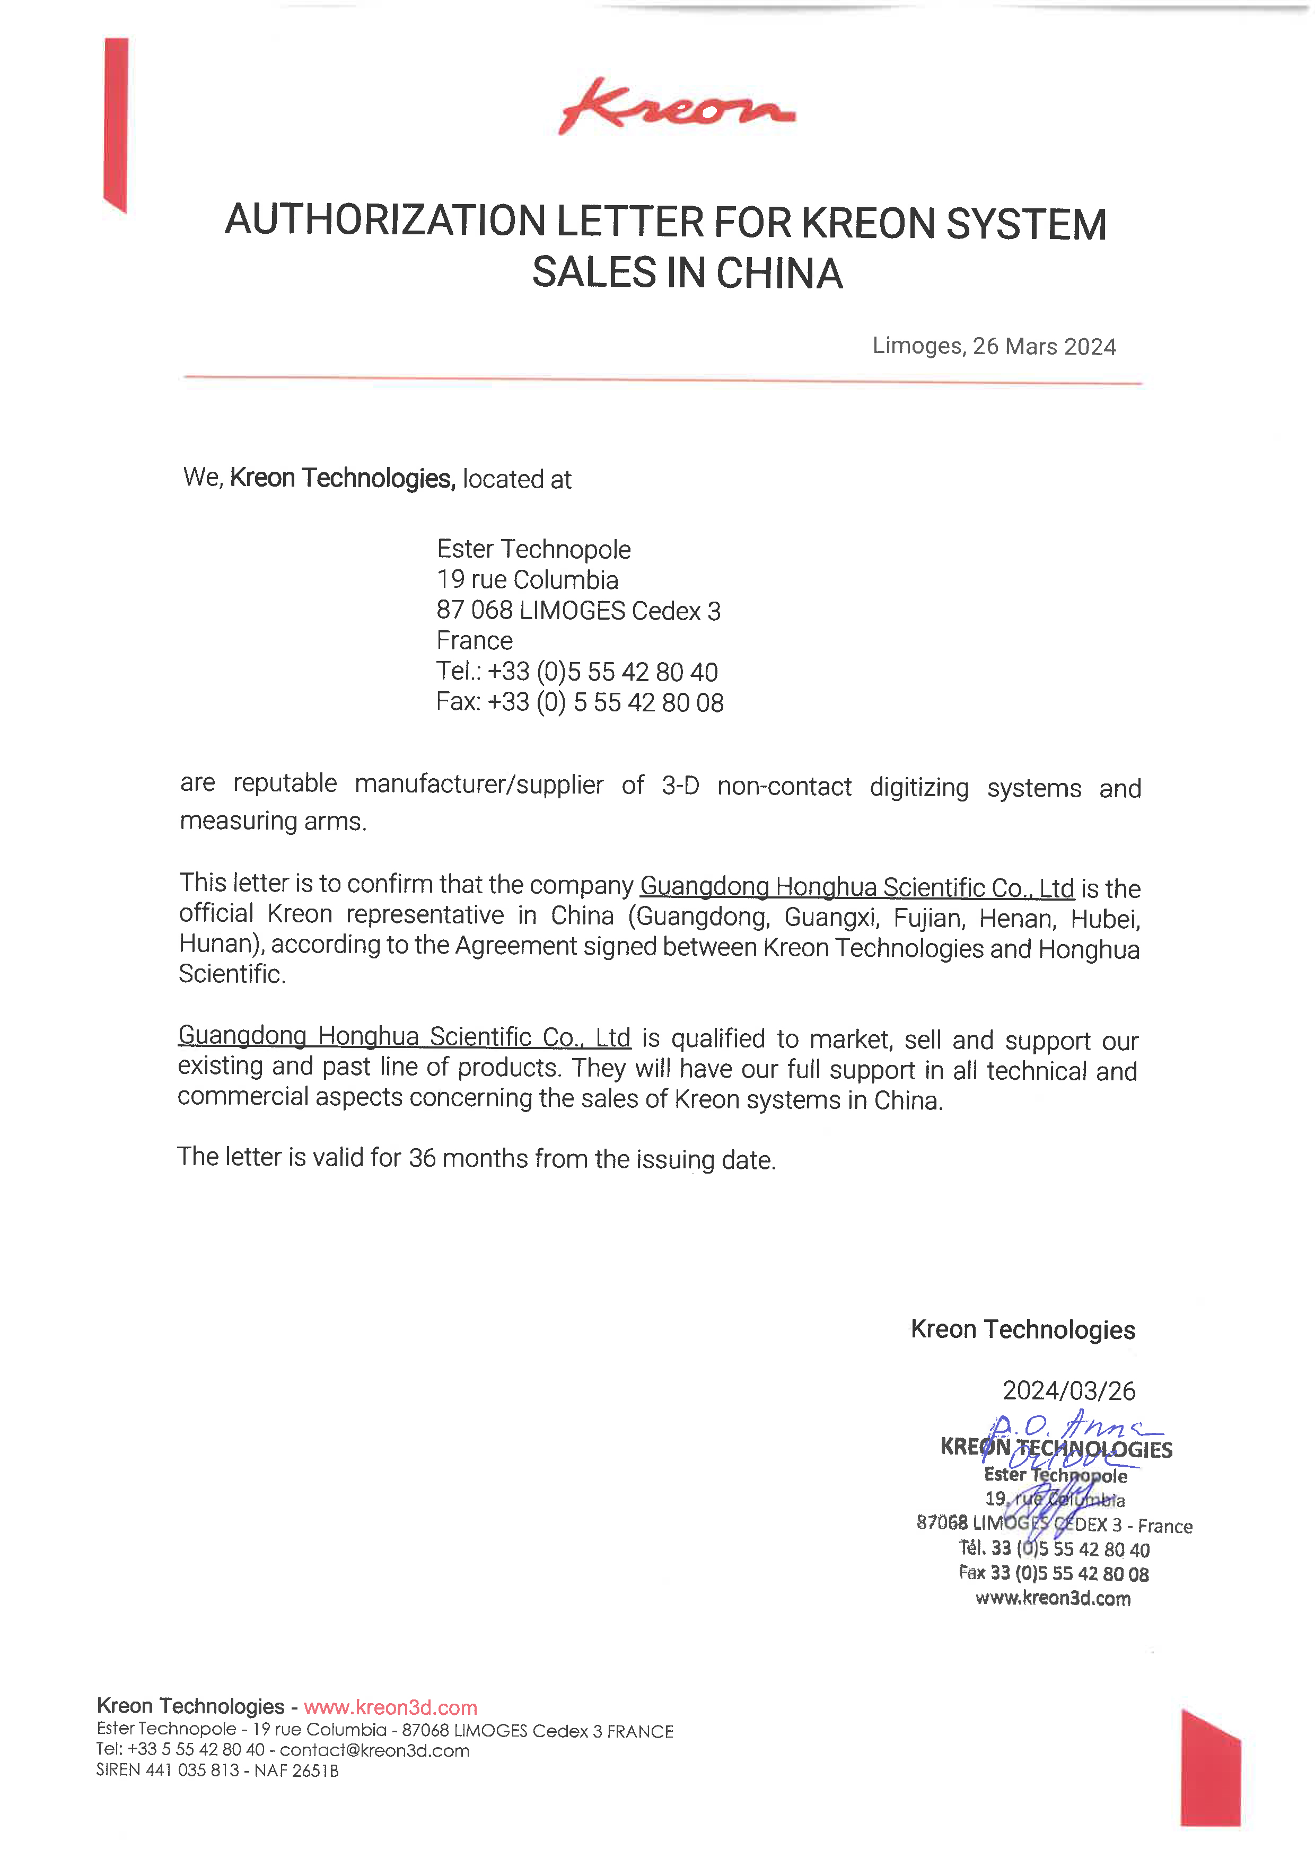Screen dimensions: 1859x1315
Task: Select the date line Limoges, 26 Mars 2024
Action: [x=994, y=347]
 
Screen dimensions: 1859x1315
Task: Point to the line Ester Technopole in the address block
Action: [x=533, y=549]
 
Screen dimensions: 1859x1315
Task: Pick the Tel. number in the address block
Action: [x=602, y=672]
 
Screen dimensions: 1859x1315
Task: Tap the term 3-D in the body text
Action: [x=680, y=786]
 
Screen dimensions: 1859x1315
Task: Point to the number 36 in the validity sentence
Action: [x=422, y=1158]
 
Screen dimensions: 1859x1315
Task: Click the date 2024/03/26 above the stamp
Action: [x=1069, y=1391]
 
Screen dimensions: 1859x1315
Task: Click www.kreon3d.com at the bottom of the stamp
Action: [x=1053, y=1598]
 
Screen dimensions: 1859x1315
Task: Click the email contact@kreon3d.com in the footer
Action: [x=374, y=1750]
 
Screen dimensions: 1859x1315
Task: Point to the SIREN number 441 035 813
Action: [x=192, y=1770]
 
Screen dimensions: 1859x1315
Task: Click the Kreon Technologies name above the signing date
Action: [x=1023, y=1329]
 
